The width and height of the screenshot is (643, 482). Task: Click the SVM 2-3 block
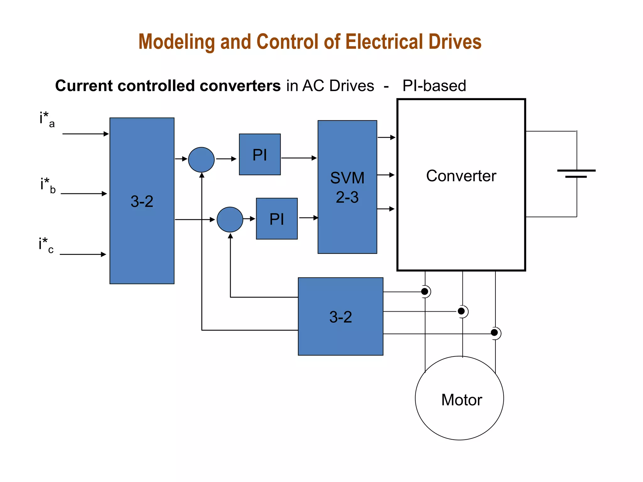click(347, 187)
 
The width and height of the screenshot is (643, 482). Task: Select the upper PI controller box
click(260, 154)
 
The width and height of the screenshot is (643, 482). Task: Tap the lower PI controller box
click(277, 219)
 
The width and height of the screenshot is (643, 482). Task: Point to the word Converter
click(461, 176)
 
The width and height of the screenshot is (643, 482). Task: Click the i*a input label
click(47, 120)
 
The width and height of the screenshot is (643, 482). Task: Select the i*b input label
click(48, 185)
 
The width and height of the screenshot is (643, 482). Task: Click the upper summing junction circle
click(201, 160)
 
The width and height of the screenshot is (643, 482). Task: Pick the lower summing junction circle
click(230, 219)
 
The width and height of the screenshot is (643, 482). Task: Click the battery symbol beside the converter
click(576, 174)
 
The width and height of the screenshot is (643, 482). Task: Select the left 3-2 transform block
click(142, 201)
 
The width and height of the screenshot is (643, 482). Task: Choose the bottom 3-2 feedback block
click(340, 316)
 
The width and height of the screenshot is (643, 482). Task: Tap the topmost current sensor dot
click(424, 292)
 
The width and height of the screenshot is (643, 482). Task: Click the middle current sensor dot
click(461, 311)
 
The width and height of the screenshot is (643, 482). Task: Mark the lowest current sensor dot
click(494, 333)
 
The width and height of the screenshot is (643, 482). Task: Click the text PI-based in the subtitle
click(434, 86)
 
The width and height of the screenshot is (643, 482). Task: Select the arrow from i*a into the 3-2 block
click(85, 134)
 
